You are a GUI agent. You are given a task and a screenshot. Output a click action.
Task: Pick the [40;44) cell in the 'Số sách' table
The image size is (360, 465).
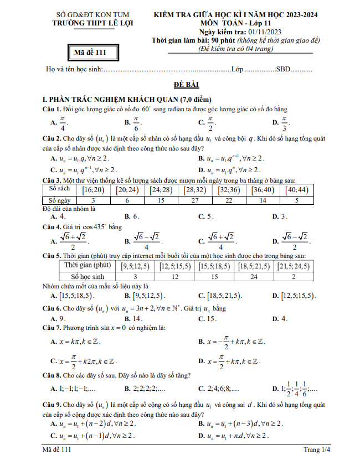(297, 190)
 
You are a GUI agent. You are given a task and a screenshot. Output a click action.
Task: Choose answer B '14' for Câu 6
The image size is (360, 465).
(134, 318)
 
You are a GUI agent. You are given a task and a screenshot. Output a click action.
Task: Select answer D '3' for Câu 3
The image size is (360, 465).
(282, 216)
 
